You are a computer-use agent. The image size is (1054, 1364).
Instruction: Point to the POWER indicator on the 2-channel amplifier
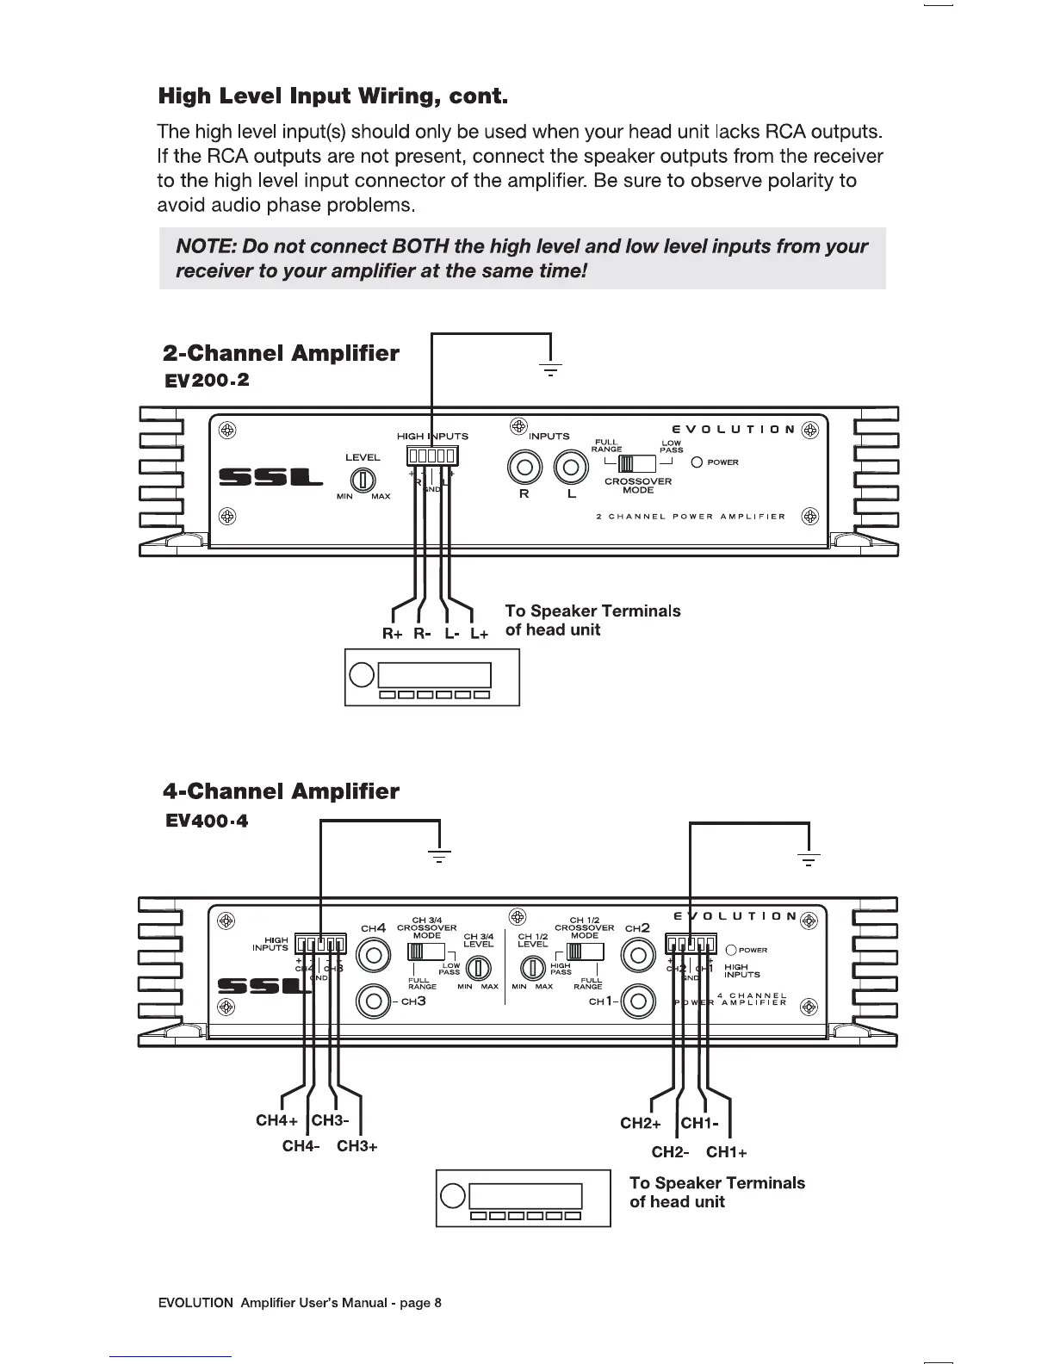point(697,462)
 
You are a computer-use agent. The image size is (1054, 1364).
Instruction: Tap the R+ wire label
point(393,634)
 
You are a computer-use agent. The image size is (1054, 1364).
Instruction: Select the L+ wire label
point(480,634)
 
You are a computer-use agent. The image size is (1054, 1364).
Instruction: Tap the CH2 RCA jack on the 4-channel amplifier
point(638,955)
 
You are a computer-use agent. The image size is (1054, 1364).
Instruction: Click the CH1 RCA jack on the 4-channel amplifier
point(638,1001)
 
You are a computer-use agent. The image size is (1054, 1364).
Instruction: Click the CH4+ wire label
point(276,1120)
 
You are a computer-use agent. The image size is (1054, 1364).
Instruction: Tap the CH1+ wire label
point(727,1152)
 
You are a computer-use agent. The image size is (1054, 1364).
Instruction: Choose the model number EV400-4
point(206,821)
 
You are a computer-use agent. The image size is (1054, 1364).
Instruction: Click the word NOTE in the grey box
point(205,247)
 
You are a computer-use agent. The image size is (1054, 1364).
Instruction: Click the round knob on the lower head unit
point(452,1196)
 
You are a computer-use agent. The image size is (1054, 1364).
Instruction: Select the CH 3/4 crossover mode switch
point(425,952)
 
